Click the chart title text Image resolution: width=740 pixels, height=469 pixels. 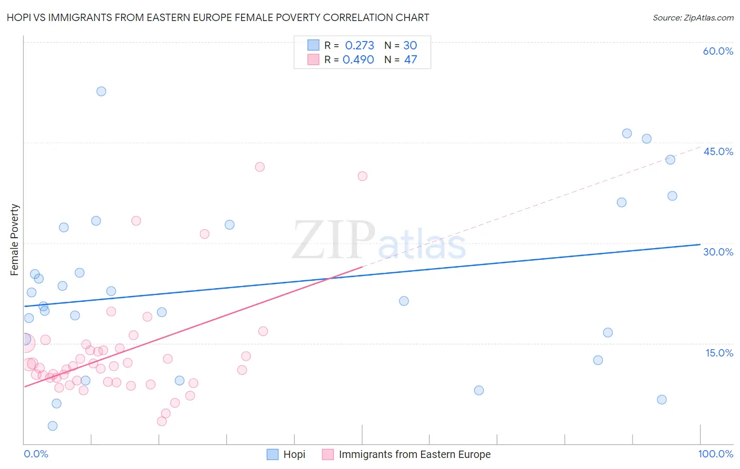[218, 17]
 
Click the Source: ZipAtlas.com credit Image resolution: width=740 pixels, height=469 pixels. [693, 17]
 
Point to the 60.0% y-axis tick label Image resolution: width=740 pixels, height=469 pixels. [718, 51]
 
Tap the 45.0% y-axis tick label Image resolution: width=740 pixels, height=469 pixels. [718, 151]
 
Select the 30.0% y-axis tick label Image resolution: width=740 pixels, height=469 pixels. [718, 252]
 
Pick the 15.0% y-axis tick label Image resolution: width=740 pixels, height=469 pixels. [719, 353]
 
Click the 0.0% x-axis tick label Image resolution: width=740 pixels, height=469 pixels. [36, 454]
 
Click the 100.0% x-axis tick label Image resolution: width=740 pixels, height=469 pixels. [715, 454]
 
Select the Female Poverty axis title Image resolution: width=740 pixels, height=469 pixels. [15, 240]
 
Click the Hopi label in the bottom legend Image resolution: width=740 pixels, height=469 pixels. [294, 454]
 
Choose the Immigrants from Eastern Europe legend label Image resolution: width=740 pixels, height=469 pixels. [414, 454]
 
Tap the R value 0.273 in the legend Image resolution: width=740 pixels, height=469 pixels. [359, 46]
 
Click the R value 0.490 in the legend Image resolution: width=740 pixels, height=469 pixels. [358, 60]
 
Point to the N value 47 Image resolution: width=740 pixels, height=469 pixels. [411, 60]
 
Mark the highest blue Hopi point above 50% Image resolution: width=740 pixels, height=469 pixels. [101, 91]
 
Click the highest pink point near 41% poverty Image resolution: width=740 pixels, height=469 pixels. [259, 167]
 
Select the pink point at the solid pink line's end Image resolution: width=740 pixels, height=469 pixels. [362, 176]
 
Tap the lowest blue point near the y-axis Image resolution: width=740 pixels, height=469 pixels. [53, 426]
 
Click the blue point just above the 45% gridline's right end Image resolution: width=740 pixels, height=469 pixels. [646, 139]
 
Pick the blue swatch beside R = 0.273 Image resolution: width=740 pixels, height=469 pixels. [313, 45]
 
